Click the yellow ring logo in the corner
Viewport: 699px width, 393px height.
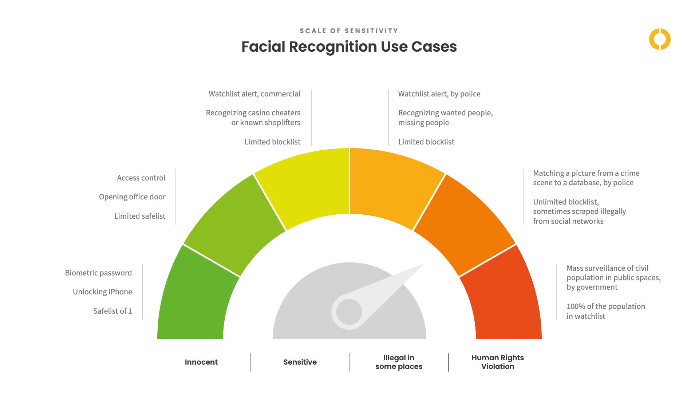pos(660,39)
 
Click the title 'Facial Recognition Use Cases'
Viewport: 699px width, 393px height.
pos(349,47)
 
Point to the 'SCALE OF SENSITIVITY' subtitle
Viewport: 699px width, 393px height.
pos(349,31)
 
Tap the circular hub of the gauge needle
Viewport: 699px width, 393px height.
pos(349,312)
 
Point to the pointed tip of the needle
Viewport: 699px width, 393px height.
pos(423,265)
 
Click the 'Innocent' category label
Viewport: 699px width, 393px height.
pos(201,362)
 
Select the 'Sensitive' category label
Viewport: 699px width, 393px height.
pos(300,362)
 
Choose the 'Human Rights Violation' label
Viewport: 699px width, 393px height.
pos(498,362)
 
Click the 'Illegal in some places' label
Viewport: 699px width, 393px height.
pos(399,362)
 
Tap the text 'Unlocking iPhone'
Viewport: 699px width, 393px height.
pos(102,292)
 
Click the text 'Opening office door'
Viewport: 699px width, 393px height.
pos(132,197)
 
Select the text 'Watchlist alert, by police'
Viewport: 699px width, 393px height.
pos(439,94)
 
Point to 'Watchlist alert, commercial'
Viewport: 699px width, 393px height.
pos(254,94)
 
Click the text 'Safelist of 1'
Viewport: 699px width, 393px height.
pos(112,311)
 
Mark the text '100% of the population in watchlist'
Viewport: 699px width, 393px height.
pos(605,311)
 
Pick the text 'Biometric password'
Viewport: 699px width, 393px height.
pos(98,273)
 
